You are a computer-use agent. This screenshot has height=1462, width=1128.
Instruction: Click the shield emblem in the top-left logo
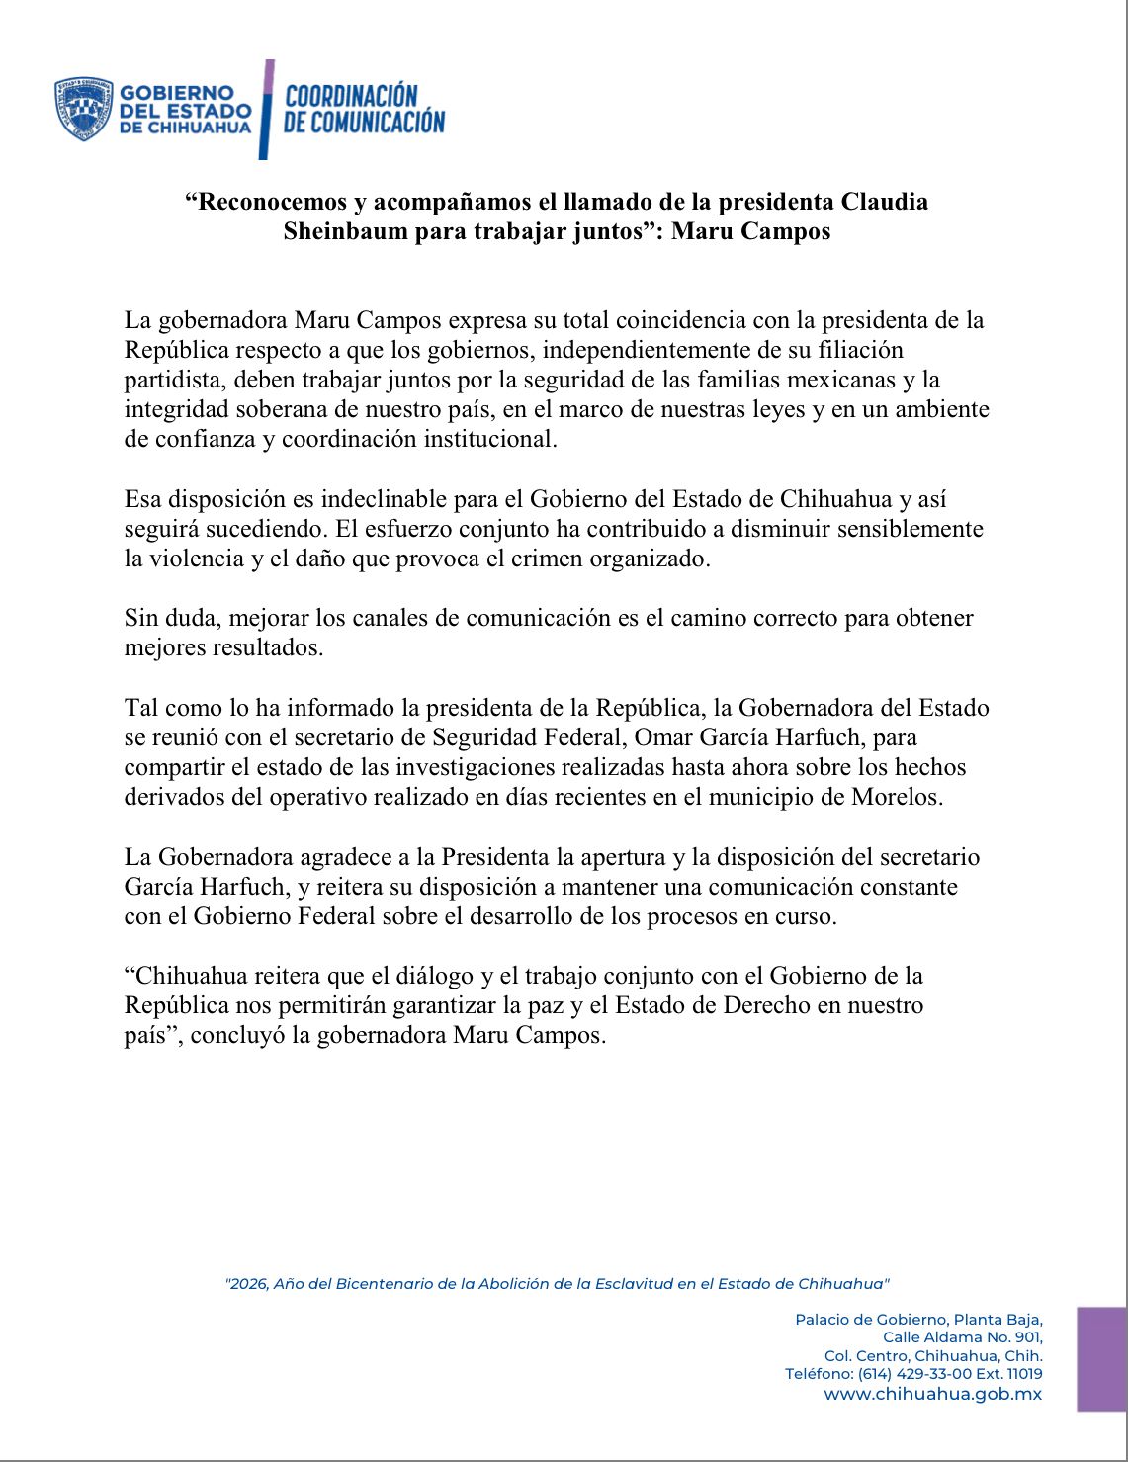(x=83, y=109)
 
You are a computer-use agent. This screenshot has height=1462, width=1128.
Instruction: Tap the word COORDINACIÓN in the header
(x=351, y=96)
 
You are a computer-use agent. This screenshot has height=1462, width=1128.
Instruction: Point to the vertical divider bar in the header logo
(x=266, y=109)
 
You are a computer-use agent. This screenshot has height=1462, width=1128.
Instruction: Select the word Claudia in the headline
(x=885, y=202)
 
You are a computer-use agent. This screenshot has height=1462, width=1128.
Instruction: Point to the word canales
(x=398, y=618)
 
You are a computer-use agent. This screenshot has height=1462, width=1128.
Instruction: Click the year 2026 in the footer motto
(x=247, y=1284)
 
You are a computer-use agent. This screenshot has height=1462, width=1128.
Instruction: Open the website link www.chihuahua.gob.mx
(x=932, y=1394)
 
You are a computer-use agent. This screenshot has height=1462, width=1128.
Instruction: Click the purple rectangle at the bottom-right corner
(x=1101, y=1359)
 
